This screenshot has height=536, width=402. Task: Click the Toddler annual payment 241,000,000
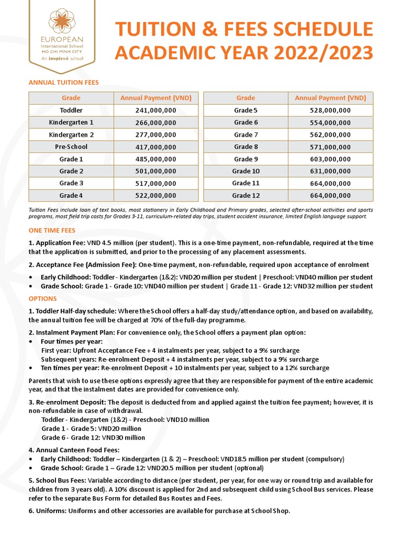tap(155, 110)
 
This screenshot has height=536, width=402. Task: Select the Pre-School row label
tap(71, 147)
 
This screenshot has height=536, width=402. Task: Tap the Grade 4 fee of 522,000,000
tap(155, 195)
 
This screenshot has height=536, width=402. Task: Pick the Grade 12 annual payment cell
tap(330, 195)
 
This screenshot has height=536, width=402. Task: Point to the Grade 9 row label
tap(245, 159)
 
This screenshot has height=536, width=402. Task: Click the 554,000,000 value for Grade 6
tap(330, 122)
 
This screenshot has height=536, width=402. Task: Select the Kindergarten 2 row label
tap(71, 135)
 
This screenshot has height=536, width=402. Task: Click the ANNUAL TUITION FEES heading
tap(63, 82)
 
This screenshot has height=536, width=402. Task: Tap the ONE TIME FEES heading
tap(52, 230)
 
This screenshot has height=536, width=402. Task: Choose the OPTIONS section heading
tap(43, 298)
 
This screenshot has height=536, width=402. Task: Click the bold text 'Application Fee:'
tap(55, 243)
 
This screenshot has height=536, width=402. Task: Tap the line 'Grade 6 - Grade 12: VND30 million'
tap(93, 438)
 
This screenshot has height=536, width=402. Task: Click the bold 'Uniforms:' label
tap(48, 511)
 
